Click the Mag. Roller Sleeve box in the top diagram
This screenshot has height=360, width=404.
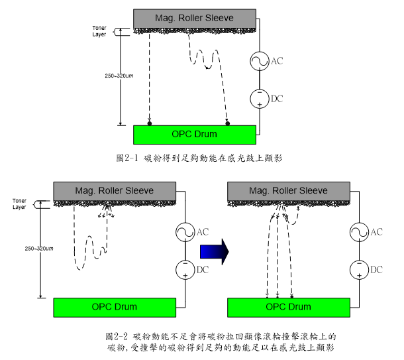point(194,17)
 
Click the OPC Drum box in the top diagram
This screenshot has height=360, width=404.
point(194,134)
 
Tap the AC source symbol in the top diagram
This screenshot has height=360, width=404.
point(258,62)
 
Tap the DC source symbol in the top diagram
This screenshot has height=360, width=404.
point(258,99)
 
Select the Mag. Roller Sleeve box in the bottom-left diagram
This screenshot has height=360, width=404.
point(115,191)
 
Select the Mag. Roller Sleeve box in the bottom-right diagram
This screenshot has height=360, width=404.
point(288,191)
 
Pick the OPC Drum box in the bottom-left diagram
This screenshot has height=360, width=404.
point(115,307)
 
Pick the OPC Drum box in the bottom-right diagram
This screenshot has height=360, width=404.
point(288,307)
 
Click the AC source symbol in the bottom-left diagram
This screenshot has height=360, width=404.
point(185,232)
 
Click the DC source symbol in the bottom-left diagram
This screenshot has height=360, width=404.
point(185,269)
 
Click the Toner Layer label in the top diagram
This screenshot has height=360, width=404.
point(99,32)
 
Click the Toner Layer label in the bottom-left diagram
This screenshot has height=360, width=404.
point(20,203)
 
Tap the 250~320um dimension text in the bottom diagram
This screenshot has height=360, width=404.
point(40,248)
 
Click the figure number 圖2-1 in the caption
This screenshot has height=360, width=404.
point(126,158)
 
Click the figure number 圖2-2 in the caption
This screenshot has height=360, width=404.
point(116,337)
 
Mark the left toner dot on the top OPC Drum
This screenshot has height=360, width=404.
point(150,124)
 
